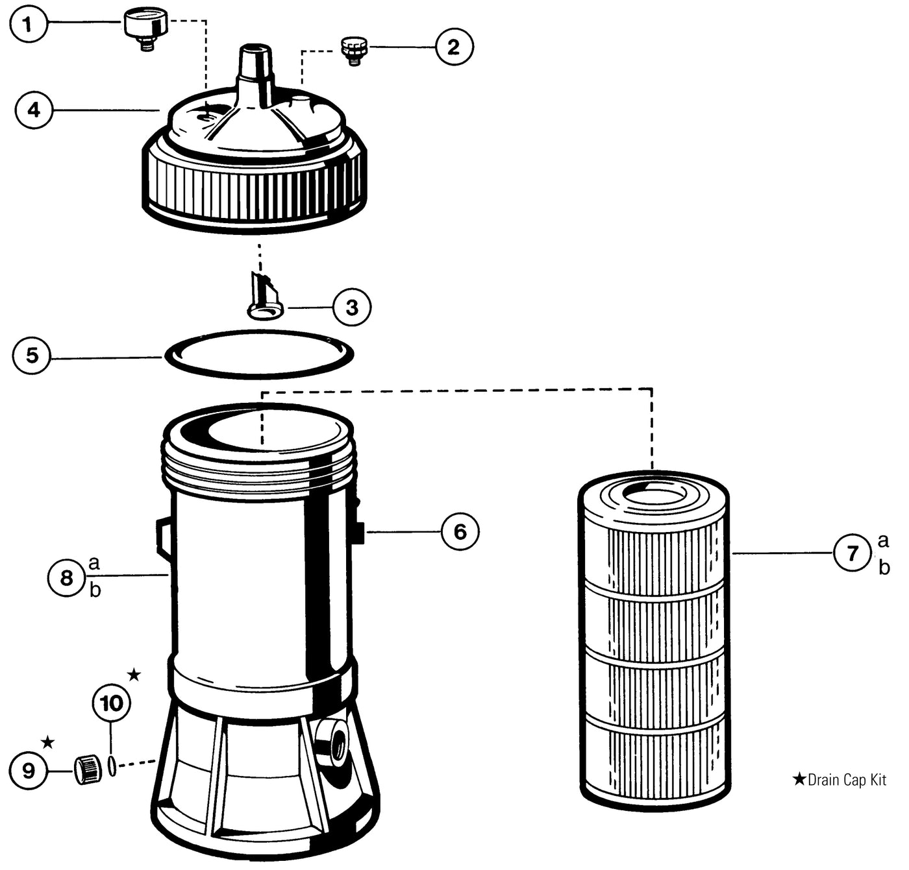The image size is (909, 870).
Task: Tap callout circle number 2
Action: pyautogui.click(x=454, y=47)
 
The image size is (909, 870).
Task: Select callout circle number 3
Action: pyautogui.click(x=351, y=307)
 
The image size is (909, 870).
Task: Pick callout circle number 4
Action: pyautogui.click(x=33, y=110)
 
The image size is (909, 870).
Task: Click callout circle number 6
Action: pyautogui.click(x=460, y=532)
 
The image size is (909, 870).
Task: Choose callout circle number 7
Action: pyautogui.click(x=852, y=553)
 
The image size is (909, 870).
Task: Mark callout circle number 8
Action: pyautogui.click(x=66, y=577)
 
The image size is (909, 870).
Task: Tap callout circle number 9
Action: pyautogui.click(x=28, y=771)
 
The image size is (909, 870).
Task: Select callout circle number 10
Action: pyautogui.click(x=112, y=703)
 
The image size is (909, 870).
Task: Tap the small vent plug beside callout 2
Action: pyautogui.click(x=354, y=50)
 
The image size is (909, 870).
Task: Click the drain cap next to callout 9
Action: pyautogui.click(x=88, y=769)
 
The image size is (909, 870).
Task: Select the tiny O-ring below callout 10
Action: pyautogui.click(x=112, y=766)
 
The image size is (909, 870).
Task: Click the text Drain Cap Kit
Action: pyautogui.click(x=846, y=780)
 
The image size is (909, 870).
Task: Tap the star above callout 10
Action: pyautogui.click(x=134, y=675)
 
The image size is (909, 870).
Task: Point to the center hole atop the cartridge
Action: pyautogui.click(x=654, y=496)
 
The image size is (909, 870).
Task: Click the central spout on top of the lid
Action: pyautogui.click(x=254, y=68)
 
